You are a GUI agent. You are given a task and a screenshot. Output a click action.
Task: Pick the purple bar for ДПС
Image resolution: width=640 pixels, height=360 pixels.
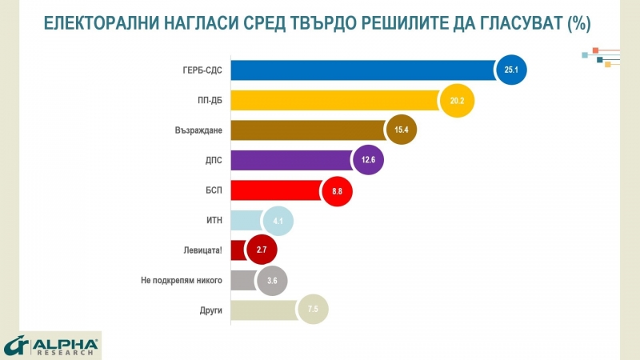288,160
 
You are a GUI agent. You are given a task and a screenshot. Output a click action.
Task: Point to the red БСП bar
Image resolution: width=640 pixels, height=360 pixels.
272,190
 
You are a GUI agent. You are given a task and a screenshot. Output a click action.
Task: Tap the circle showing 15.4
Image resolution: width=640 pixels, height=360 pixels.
401,130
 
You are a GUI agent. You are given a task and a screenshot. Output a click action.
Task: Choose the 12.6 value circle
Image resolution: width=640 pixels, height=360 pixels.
367,160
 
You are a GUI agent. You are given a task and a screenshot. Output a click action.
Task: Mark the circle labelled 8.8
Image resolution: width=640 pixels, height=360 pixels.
336,190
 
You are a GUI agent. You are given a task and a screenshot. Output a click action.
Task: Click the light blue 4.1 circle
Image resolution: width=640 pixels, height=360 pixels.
278,220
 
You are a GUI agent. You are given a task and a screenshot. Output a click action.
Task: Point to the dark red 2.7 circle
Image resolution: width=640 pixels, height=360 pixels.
261,250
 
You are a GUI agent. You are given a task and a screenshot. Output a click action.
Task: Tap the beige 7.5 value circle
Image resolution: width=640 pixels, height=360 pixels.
313,309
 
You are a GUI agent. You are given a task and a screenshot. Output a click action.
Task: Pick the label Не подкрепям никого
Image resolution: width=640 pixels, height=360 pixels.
175,279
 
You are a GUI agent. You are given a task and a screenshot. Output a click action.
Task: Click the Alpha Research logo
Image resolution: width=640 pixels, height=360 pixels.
51,344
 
